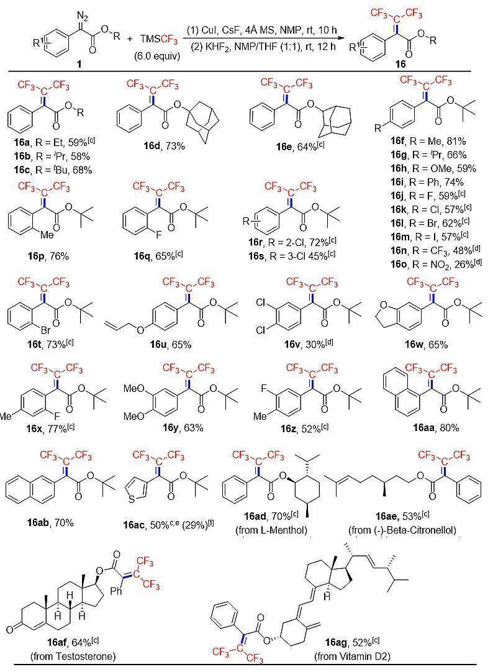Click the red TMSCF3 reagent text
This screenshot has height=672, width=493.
click(158, 39)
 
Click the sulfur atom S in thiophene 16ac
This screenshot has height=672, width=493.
click(132, 499)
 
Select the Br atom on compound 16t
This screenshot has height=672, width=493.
click(46, 330)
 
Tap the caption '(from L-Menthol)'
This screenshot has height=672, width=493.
click(271, 530)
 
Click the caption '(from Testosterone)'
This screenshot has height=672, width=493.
click(73, 656)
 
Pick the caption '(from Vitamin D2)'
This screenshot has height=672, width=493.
click(352, 656)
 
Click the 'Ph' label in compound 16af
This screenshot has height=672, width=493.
click(116, 591)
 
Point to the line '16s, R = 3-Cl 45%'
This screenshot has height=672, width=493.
click(292, 256)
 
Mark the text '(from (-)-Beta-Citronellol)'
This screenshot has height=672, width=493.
click(402, 530)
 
